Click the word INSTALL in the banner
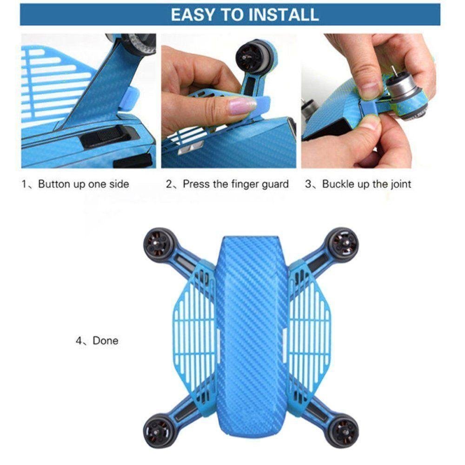point(284,14)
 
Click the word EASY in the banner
point(192,14)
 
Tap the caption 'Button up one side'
point(84,184)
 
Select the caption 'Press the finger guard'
point(235,184)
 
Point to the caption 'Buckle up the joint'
point(366,184)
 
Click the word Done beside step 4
point(105,340)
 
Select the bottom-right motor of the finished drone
point(344,430)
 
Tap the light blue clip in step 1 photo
point(129,100)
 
